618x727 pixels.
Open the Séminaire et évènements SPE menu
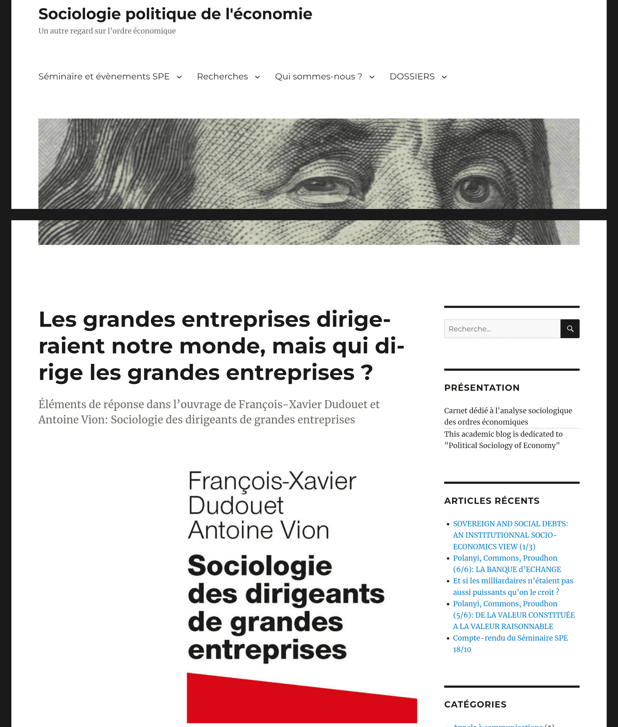[104, 76]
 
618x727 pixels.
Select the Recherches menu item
[222, 76]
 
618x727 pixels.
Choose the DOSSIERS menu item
[412, 76]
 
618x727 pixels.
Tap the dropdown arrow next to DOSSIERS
[444, 77]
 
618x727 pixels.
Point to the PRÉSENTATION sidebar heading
[482, 388]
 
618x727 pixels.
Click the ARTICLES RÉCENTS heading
[492, 501]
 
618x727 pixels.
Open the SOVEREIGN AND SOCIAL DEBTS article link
[510, 535]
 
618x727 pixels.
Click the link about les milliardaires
[513, 587]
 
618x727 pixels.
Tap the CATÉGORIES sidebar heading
[475, 704]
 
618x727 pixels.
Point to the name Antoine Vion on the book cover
[259, 530]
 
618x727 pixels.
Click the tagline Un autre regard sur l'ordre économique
[107, 31]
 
